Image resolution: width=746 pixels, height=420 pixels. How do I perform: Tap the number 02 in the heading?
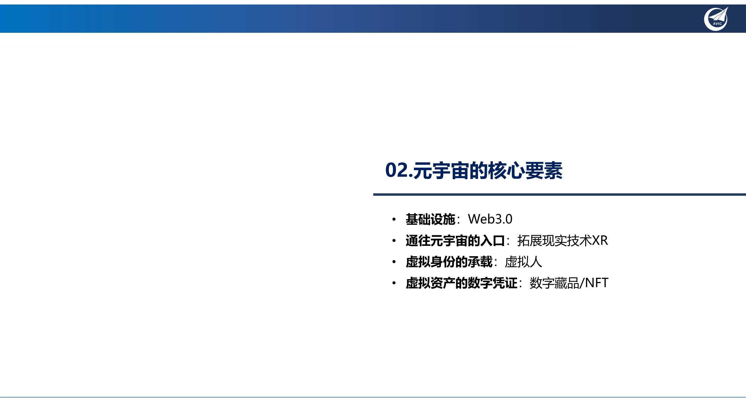click(397, 170)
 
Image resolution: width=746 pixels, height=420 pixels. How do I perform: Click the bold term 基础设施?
click(430, 219)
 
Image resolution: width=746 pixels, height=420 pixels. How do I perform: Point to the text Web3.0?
click(490, 219)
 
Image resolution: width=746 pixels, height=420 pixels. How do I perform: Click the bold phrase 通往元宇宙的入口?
click(455, 241)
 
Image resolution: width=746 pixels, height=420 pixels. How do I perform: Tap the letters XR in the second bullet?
click(600, 241)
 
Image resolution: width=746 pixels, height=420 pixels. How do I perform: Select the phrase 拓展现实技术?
click(554, 241)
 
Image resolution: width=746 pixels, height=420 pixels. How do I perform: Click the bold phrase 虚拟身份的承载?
click(449, 262)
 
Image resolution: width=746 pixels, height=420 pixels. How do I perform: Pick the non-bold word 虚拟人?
click(523, 262)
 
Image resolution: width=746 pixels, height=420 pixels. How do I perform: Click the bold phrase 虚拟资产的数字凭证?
click(461, 283)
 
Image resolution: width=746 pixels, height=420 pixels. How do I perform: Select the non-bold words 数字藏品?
click(554, 283)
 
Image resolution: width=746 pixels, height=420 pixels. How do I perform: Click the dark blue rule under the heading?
click(560, 195)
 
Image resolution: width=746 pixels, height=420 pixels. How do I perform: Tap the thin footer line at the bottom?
click(373, 397)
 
